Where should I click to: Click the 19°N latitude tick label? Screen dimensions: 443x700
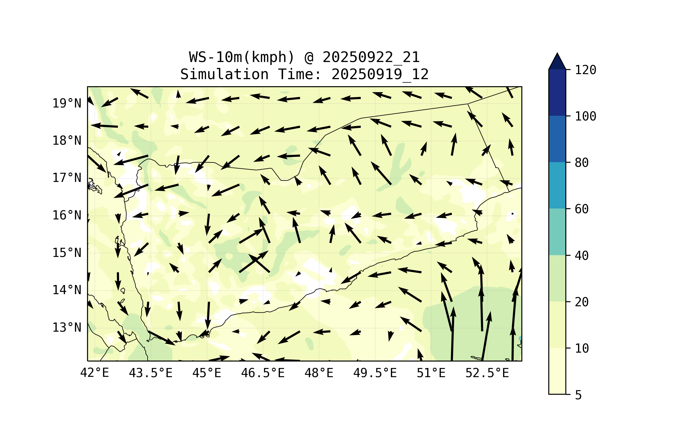click(x=67, y=103)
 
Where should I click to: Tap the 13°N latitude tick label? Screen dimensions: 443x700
click(x=67, y=328)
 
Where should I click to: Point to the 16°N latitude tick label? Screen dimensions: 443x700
click(x=67, y=215)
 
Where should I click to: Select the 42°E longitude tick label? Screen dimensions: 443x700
click(x=94, y=373)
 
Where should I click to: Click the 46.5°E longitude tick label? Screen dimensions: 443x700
click(x=263, y=373)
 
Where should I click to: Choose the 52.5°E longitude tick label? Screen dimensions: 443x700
click(x=487, y=373)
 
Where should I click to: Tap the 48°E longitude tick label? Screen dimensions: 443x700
click(x=319, y=373)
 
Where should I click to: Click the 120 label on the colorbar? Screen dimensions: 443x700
click(x=585, y=70)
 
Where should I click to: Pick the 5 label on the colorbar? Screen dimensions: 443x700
click(x=578, y=395)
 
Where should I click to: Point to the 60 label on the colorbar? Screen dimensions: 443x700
click(x=582, y=209)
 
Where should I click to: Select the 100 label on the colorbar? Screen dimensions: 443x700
click(x=585, y=116)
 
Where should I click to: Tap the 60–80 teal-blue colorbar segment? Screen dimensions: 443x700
click(x=557, y=185)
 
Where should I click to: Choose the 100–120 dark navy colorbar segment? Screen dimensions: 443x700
click(x=557, y=92)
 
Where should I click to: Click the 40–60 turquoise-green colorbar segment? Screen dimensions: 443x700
click(x=557, y=232)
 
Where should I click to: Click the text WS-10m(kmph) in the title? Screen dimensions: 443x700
click(x=242, y=57)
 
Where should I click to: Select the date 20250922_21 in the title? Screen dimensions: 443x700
click(x=371, y=57)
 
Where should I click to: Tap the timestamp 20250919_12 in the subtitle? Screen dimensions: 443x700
click(x=380, y=74)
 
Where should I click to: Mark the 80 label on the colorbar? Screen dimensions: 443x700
click(x=582, y=163)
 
